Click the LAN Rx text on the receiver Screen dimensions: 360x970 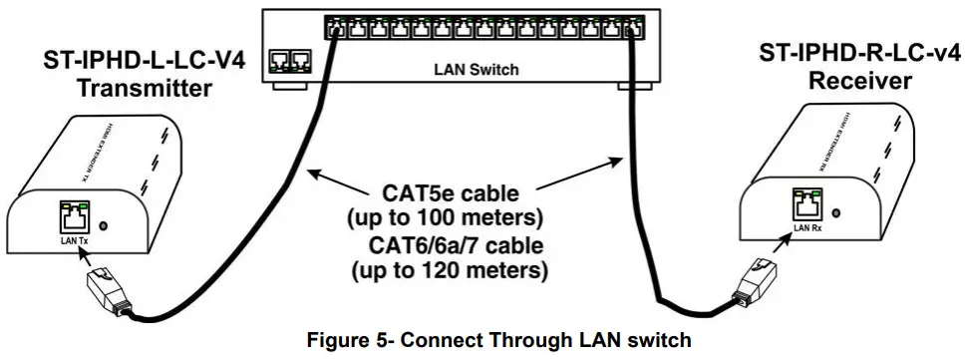point(807,228)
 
